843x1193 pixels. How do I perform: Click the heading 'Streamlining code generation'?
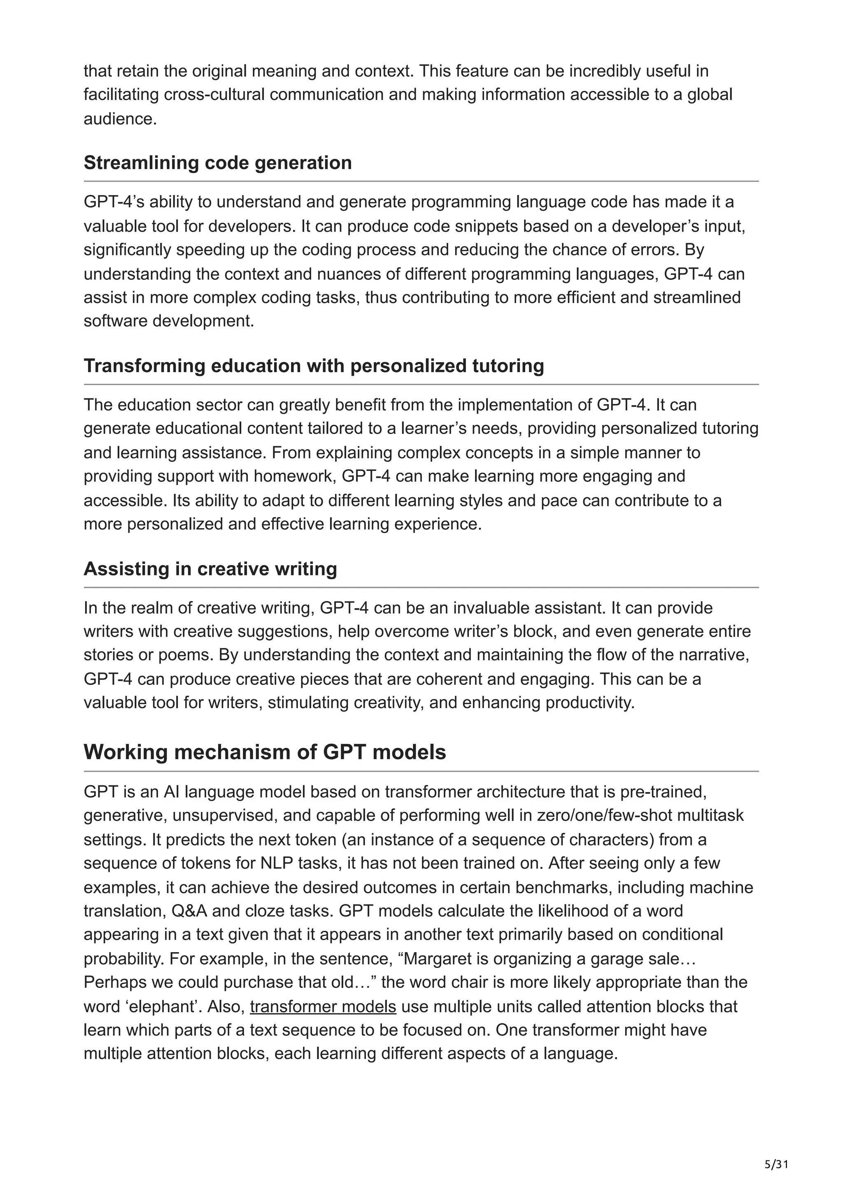[x=218, y=163]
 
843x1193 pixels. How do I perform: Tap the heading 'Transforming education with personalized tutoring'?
[x=314, y=366]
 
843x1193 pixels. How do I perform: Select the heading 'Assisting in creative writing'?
[x=210, y=569]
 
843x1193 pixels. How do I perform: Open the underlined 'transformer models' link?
[x=323, y=1007]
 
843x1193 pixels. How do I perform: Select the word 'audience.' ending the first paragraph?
[x=120, y=119]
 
